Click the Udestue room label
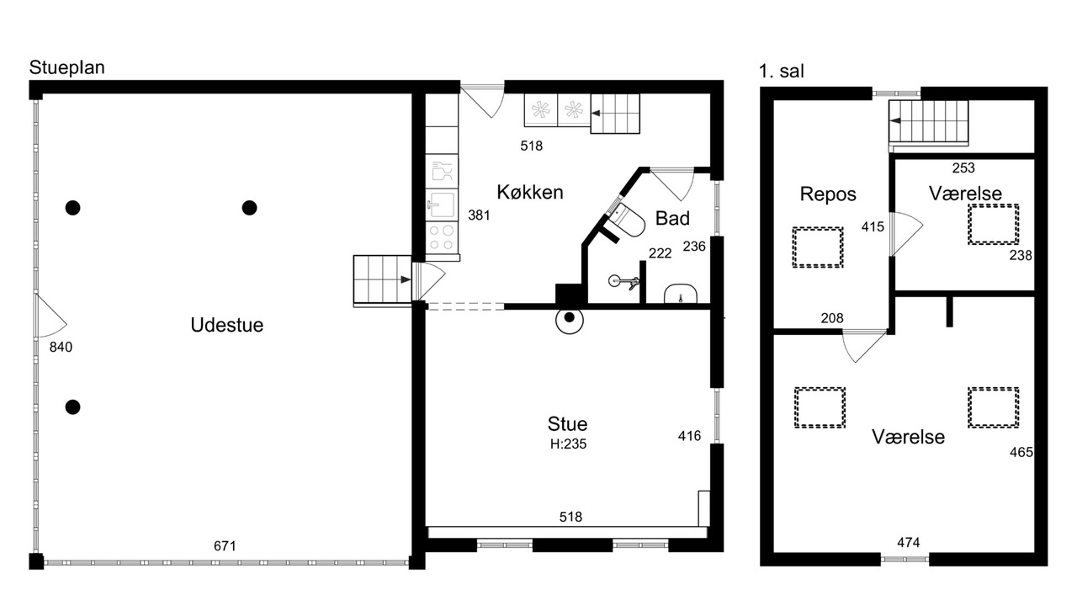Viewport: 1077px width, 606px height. coord(227,325)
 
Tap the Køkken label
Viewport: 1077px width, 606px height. coord(530,192)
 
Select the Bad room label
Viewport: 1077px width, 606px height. coord(672,218)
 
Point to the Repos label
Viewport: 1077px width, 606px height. coord(828,194)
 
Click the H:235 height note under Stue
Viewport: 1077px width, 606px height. coord(568,444)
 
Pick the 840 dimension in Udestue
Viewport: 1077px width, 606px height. coord(61,347)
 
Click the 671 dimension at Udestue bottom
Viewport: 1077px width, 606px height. coord(225,546)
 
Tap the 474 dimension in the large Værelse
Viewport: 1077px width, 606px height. coord(908,543)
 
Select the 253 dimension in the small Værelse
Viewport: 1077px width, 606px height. coord(963,167)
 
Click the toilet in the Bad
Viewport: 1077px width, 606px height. coord(627,221)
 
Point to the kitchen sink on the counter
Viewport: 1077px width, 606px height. coord(442,205)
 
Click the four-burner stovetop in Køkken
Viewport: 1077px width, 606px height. coord(442,237)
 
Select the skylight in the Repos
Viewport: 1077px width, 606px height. coord(818,247)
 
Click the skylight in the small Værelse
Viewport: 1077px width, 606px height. coord(994,225)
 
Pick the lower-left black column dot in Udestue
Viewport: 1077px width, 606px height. coord(72,407)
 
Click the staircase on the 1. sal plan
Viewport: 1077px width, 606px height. coord(928,122)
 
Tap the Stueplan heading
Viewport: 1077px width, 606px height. coord(66,68)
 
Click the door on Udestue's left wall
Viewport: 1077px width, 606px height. coord(50,316)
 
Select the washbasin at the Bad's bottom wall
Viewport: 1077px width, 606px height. coord(681,294)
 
